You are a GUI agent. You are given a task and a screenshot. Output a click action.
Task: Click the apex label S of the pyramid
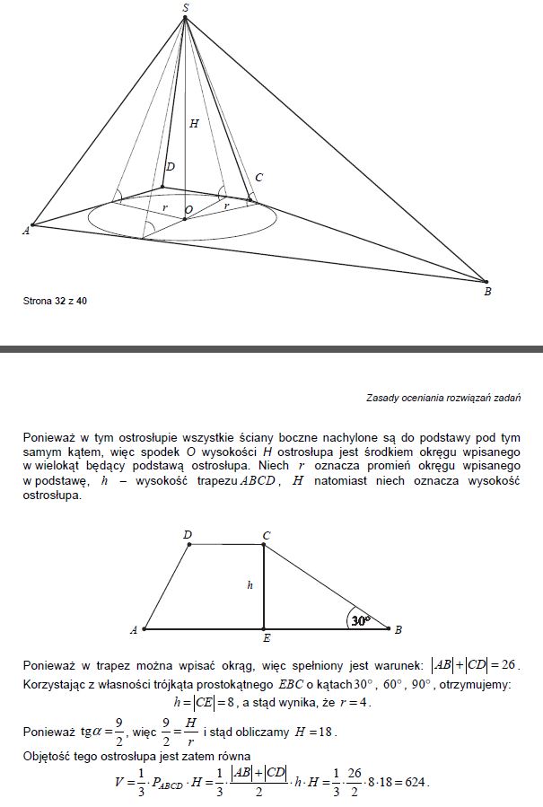coord(185,7)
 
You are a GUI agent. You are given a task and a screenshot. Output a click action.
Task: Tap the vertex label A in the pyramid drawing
coord(25,232)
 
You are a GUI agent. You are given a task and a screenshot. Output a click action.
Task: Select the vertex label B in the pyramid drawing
coord(487,292)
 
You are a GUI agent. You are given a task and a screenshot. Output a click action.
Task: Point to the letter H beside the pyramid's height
coord(194,124)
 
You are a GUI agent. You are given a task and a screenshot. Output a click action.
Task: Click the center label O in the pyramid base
coord(188,210)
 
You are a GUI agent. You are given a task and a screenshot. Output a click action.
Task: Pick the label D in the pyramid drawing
coord(170,168)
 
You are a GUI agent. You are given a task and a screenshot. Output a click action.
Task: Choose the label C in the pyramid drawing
coord(258,179)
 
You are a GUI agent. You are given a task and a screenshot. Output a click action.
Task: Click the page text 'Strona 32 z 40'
coord(55,302)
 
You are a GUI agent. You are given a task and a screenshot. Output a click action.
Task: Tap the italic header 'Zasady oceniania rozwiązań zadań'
coord(443,397)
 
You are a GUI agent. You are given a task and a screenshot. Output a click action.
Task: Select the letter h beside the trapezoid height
coord(251,585)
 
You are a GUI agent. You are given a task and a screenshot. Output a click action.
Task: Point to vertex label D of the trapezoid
coord(188,535)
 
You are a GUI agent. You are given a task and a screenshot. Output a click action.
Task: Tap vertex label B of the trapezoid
coord(398,629)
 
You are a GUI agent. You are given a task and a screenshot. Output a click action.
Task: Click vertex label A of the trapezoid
coord(134,630)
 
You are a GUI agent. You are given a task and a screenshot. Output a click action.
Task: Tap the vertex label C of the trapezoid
coord(266,535)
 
